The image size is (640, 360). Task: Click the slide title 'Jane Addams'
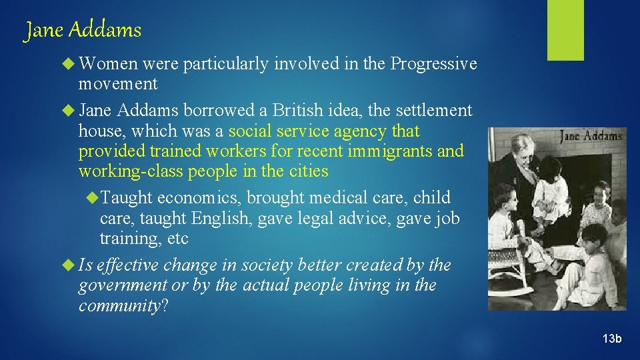point(83,31)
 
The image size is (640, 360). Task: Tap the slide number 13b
point(611,339)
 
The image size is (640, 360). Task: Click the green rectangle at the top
point(565,29)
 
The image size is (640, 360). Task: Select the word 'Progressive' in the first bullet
point(434,64)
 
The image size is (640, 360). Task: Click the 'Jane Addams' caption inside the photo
point(591,137)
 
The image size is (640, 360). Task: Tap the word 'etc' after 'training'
point(177,239)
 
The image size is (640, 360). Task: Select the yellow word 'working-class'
point(131,171)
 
